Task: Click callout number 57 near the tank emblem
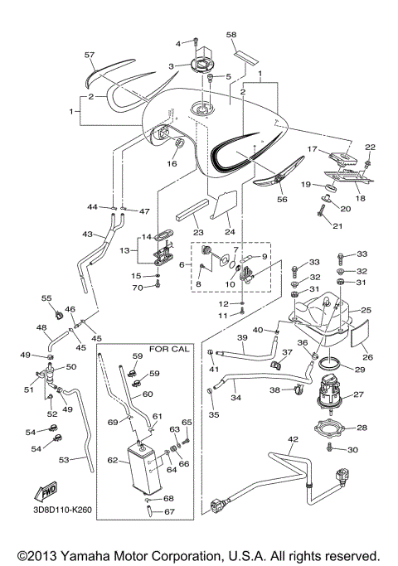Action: pyautogui.click(x=90, y=54)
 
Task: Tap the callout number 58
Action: pyautogui.click(x=231, y=35)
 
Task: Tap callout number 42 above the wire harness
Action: pyautogui.click(x=292, y=438)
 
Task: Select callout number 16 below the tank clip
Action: pyautogui.click(x=172, y=164)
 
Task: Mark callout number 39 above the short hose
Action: pyautogui.click(x=242, y=338)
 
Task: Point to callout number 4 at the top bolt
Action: pyautogui.click(x=177, y=42)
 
